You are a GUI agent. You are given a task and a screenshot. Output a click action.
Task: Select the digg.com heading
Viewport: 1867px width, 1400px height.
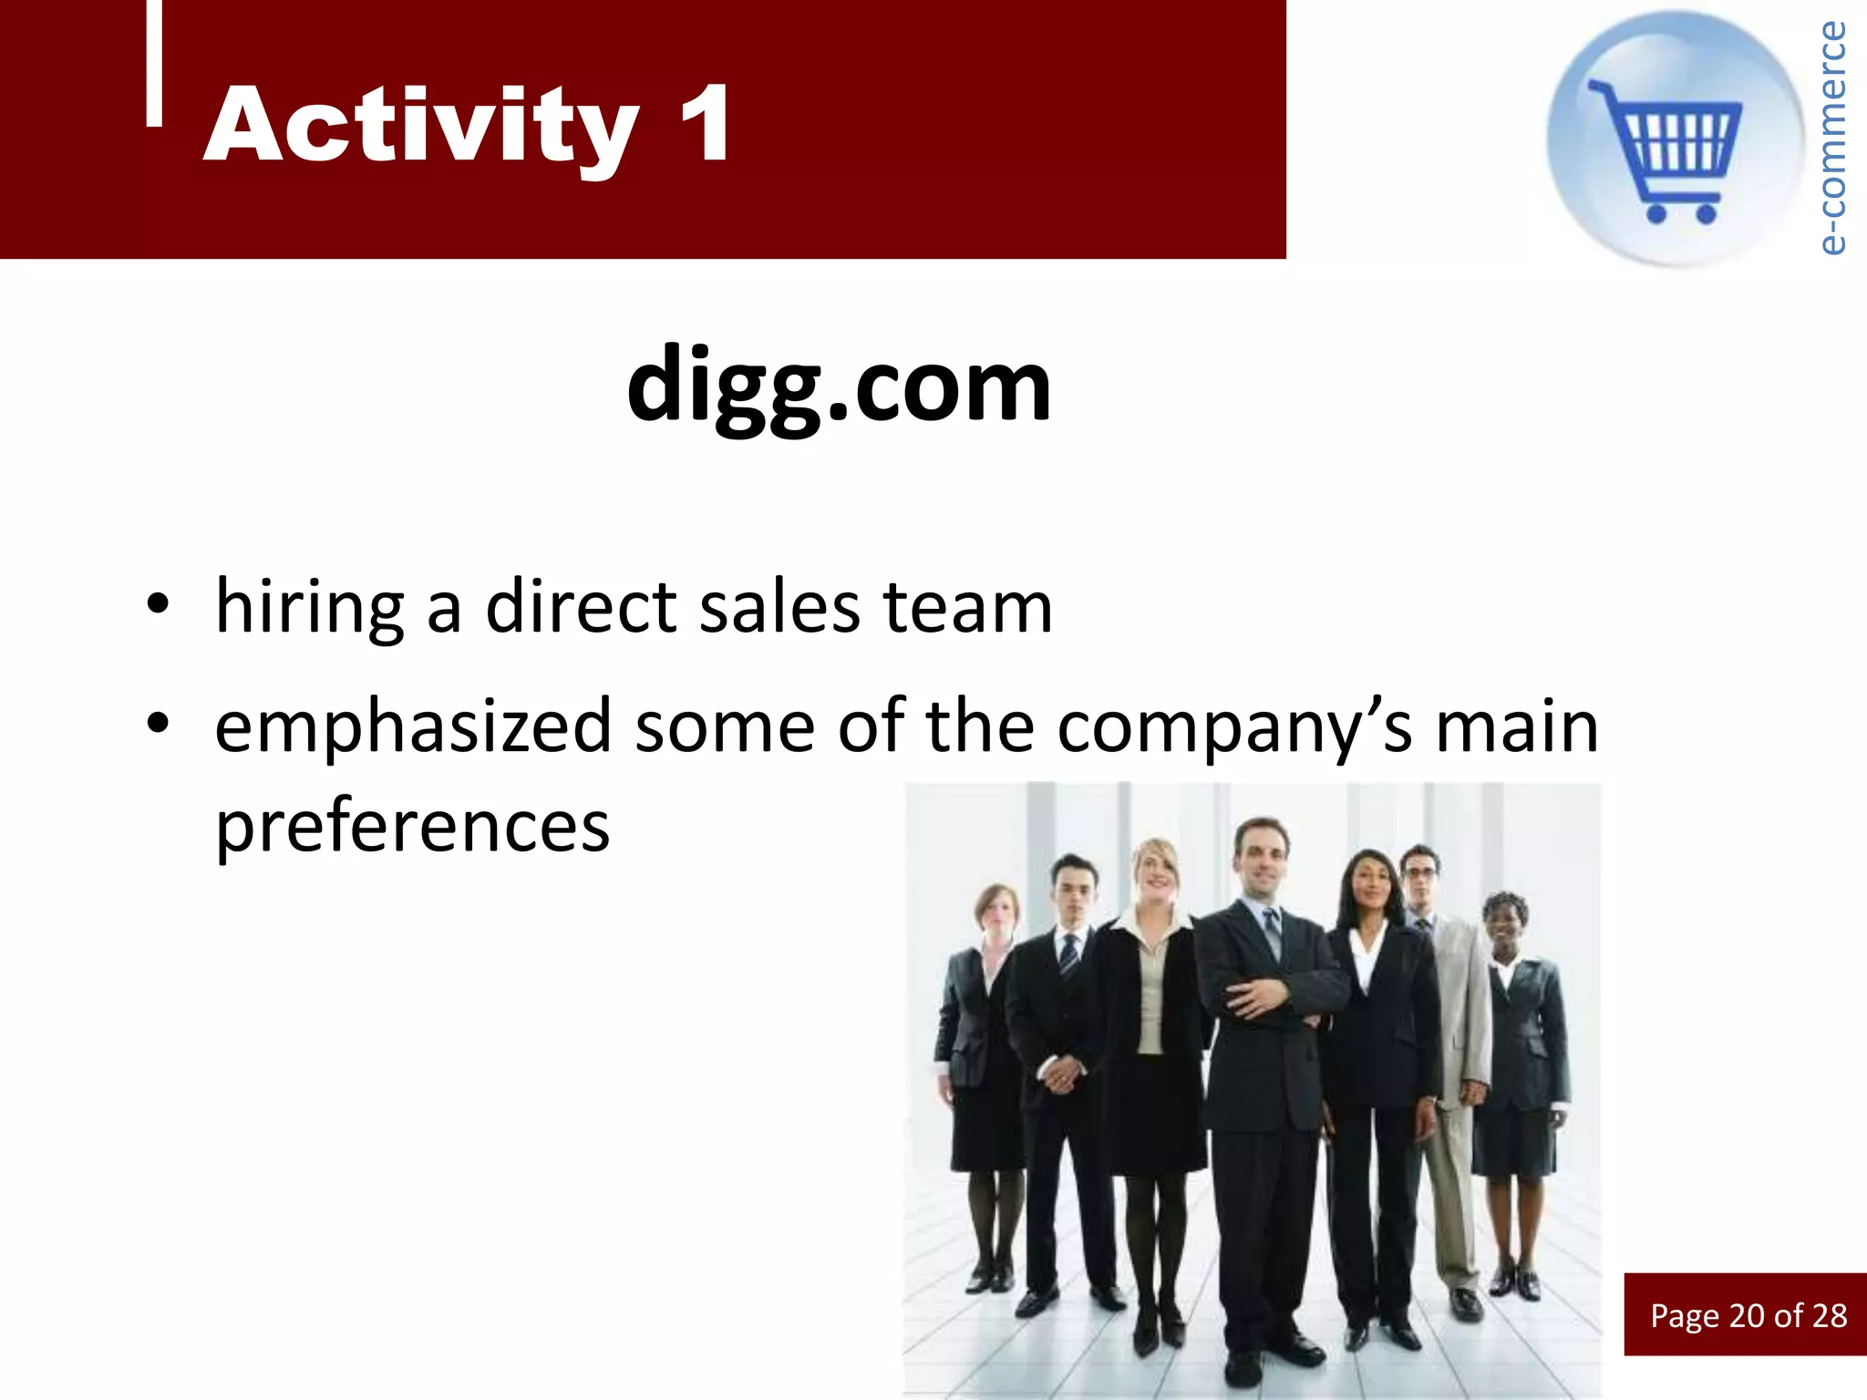tap(839, 385)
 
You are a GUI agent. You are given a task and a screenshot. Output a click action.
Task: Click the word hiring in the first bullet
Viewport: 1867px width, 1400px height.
tap(310, 608)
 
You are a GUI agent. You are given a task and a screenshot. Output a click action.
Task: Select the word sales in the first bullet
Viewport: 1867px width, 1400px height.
tap(779, 608)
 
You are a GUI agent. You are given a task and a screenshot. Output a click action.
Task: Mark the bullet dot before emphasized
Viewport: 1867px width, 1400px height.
tap(158, 724)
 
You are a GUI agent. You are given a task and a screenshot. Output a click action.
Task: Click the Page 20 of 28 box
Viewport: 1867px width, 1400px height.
tap(1747, 1314)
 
